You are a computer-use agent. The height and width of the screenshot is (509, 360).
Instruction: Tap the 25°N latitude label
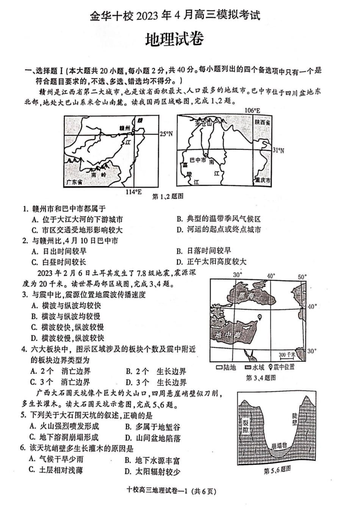coord(166,134)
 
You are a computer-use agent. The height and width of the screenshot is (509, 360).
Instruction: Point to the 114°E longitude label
coord(133,192)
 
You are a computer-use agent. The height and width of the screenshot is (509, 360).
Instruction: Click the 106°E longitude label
coord(252,111)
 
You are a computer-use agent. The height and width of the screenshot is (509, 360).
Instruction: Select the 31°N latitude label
coord(278,150)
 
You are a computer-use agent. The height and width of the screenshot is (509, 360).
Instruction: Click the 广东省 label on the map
coord(74,182)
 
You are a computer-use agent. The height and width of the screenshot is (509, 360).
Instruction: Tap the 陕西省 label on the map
coord(262,123)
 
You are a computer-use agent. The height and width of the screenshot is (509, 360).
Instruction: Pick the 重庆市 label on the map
coord(263,180)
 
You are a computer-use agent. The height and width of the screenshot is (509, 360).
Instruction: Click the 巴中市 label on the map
coord(198,160)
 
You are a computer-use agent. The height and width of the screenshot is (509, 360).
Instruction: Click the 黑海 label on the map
coord(246,297)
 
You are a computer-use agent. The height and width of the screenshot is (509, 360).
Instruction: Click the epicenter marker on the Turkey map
coord(260,317)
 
